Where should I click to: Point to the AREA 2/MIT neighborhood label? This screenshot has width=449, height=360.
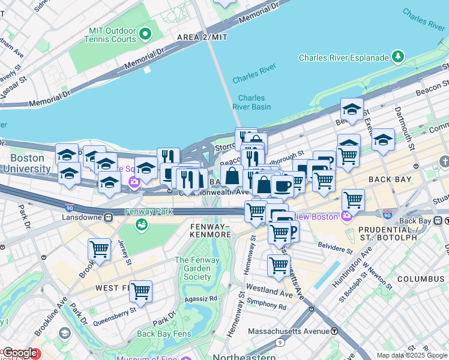(202, 37)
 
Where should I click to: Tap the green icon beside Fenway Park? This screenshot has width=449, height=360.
(142, 224)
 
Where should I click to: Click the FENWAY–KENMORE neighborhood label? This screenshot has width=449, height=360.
(210, 230)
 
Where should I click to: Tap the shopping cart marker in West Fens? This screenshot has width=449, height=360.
(140, 292)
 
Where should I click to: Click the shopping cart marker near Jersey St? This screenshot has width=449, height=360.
(99, 250)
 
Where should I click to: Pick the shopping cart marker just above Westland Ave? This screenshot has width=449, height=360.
(279, 265)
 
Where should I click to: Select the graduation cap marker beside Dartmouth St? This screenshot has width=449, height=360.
(382, 139)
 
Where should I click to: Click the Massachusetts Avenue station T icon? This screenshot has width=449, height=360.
(334, 331)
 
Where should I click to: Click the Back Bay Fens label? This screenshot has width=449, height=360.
(163, 334)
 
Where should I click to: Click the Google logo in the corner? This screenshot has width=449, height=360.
(19, 353)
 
